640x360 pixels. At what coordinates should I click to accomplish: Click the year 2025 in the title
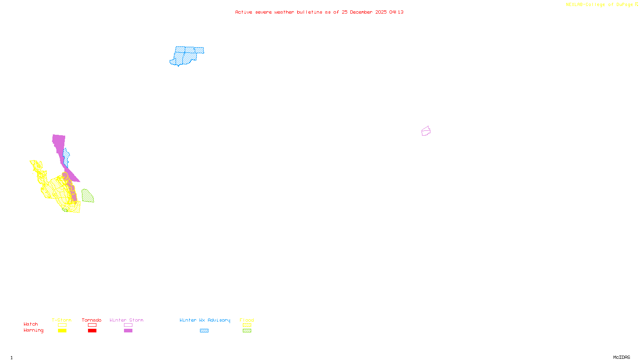click(x=381, y=12)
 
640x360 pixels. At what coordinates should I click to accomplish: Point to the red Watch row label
click(x=31, y=324)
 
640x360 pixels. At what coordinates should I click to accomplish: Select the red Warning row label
click(x=33, y=330)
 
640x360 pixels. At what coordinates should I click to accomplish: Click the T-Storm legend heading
click(x=62, y=320)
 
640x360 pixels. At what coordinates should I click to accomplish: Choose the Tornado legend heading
click(x=92, y=320)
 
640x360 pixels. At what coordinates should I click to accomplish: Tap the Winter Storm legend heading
click(x=126, y=320)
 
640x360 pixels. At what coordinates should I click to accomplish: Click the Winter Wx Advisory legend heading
click(x=205, y=320)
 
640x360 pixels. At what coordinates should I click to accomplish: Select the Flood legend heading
click(x=247, y=320)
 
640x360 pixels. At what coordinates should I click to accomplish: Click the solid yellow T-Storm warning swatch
click(x=62, y=331)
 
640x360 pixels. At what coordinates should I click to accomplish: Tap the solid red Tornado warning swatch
click(x=92, y=331)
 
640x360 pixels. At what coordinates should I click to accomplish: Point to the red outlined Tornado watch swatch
click(x=92, y=325)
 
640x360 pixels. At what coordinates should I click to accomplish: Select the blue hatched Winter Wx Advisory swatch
click(x=204, y=331)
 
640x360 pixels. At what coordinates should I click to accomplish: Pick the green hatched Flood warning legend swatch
click(x=247, y=331)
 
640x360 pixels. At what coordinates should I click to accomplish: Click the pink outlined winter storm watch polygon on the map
click(x=426, y=131)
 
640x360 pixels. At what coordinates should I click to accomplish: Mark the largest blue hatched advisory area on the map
click(x=187, y=56)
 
